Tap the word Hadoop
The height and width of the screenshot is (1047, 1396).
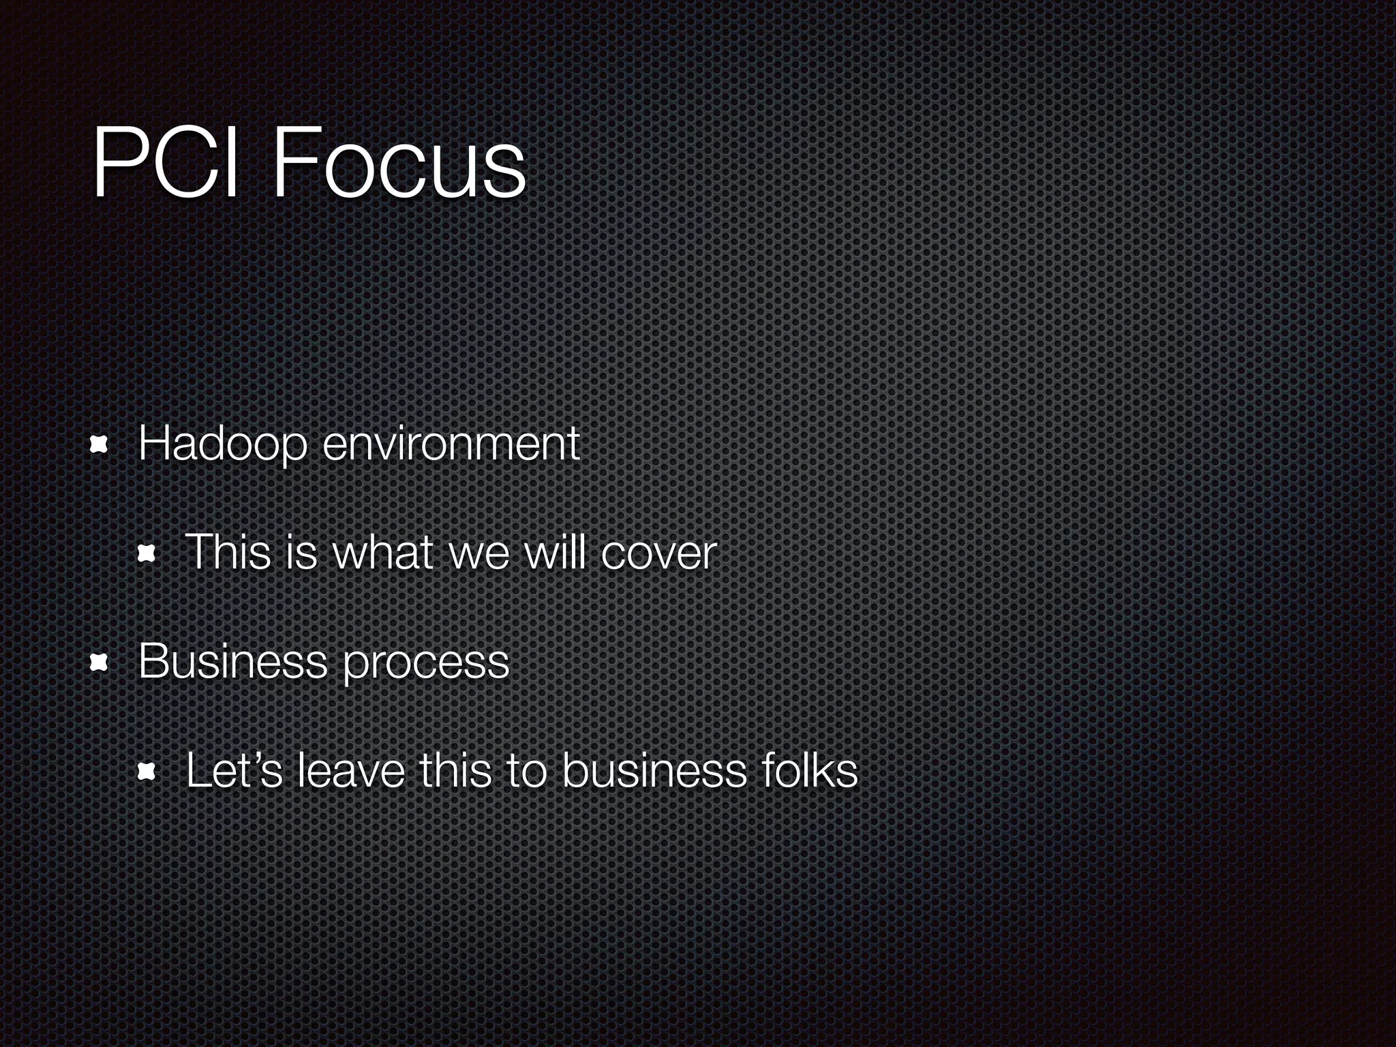pos(222,444)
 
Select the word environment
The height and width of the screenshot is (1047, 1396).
pos(451,444)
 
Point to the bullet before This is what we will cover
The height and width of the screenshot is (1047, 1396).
pos(147,555)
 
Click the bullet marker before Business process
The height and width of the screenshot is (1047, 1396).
pos(100,663)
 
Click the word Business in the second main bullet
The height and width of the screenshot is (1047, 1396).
pos(232,661)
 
